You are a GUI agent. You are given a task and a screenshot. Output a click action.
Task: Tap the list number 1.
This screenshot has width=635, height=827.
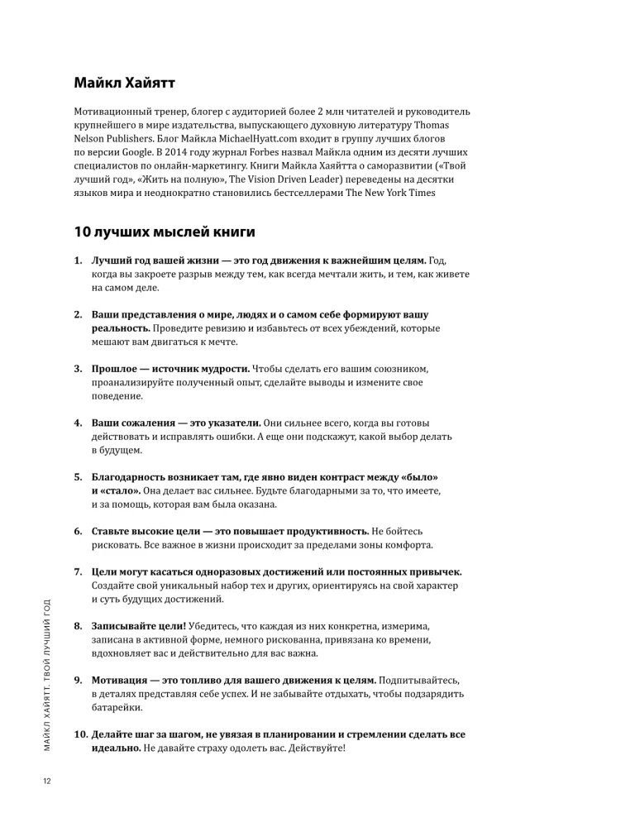point(78,261)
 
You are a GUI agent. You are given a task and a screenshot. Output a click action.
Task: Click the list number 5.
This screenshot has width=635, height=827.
point(78,477)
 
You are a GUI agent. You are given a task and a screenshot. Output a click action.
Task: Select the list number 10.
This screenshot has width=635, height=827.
point(81,734)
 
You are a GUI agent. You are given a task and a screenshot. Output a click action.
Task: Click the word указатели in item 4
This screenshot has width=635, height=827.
point(233,423)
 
